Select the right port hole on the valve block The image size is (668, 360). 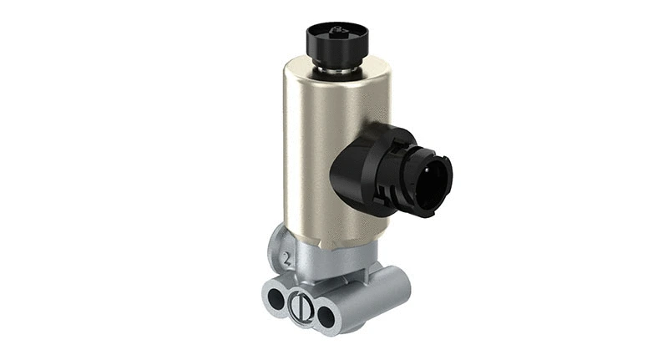(326, 315)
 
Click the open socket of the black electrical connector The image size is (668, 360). (433, 179)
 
